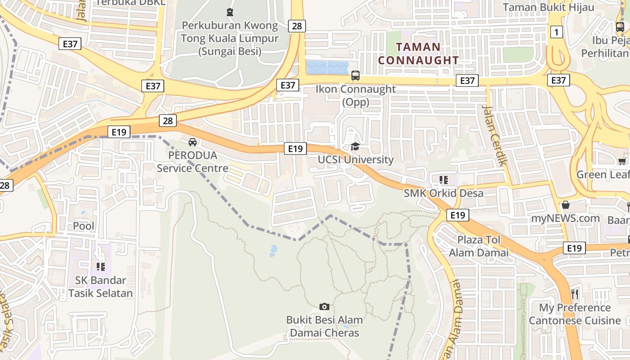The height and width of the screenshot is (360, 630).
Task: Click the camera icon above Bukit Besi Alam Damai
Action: (324, 307)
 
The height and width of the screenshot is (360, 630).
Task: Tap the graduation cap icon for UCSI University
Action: (355, 146)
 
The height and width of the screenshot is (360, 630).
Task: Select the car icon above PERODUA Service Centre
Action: (193, 142)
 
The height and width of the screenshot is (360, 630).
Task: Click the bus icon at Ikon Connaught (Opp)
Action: (355, 75)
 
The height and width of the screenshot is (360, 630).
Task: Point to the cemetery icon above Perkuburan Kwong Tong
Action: (230, 12)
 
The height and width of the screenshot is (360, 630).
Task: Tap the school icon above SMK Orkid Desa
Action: (444, 180)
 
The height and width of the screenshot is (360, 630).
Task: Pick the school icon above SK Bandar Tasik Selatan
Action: (101, 267)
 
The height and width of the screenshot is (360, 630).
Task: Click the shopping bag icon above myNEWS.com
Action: (566, 205)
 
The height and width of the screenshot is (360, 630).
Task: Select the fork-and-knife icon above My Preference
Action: (575, 294)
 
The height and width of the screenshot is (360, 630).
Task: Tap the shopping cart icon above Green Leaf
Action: (622, 161)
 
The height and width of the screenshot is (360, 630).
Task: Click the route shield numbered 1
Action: (557, 32)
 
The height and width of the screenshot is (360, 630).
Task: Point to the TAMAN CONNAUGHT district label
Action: (418, 54)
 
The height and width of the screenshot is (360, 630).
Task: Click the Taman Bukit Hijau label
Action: (548, 7)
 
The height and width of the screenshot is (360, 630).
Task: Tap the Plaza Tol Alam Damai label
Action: (479, 246)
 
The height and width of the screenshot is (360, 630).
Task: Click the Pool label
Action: (84, 225)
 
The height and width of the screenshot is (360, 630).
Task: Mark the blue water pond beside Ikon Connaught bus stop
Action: (328, 68)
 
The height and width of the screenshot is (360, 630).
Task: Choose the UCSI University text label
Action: (355, 160)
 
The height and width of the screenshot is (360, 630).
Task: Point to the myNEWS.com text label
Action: (566, 219)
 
